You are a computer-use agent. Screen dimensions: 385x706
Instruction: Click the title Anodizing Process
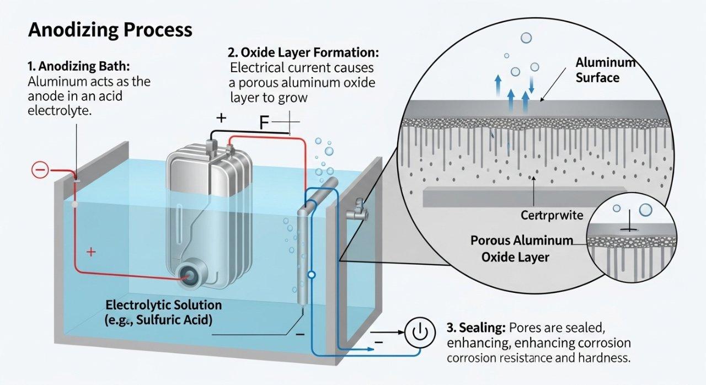tap(110, 29)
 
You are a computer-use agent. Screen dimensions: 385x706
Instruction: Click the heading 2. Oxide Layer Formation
tap(303, 53)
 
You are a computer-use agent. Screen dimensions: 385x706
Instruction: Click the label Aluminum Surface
tap(605, 69)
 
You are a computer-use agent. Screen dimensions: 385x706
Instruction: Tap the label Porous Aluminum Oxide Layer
tap(521, 249)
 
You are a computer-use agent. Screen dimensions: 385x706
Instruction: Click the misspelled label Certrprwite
tap(552, 215)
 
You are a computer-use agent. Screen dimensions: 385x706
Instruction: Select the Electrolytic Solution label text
tap(163, 305)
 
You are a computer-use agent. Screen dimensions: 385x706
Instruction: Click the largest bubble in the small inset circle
tap(645, 210)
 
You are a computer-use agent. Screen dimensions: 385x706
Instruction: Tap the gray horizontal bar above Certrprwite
tap(524, 197)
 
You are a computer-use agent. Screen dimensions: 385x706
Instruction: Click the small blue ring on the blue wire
tap(312, 274)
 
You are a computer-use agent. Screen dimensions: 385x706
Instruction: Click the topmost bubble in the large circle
tap(526, 38)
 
